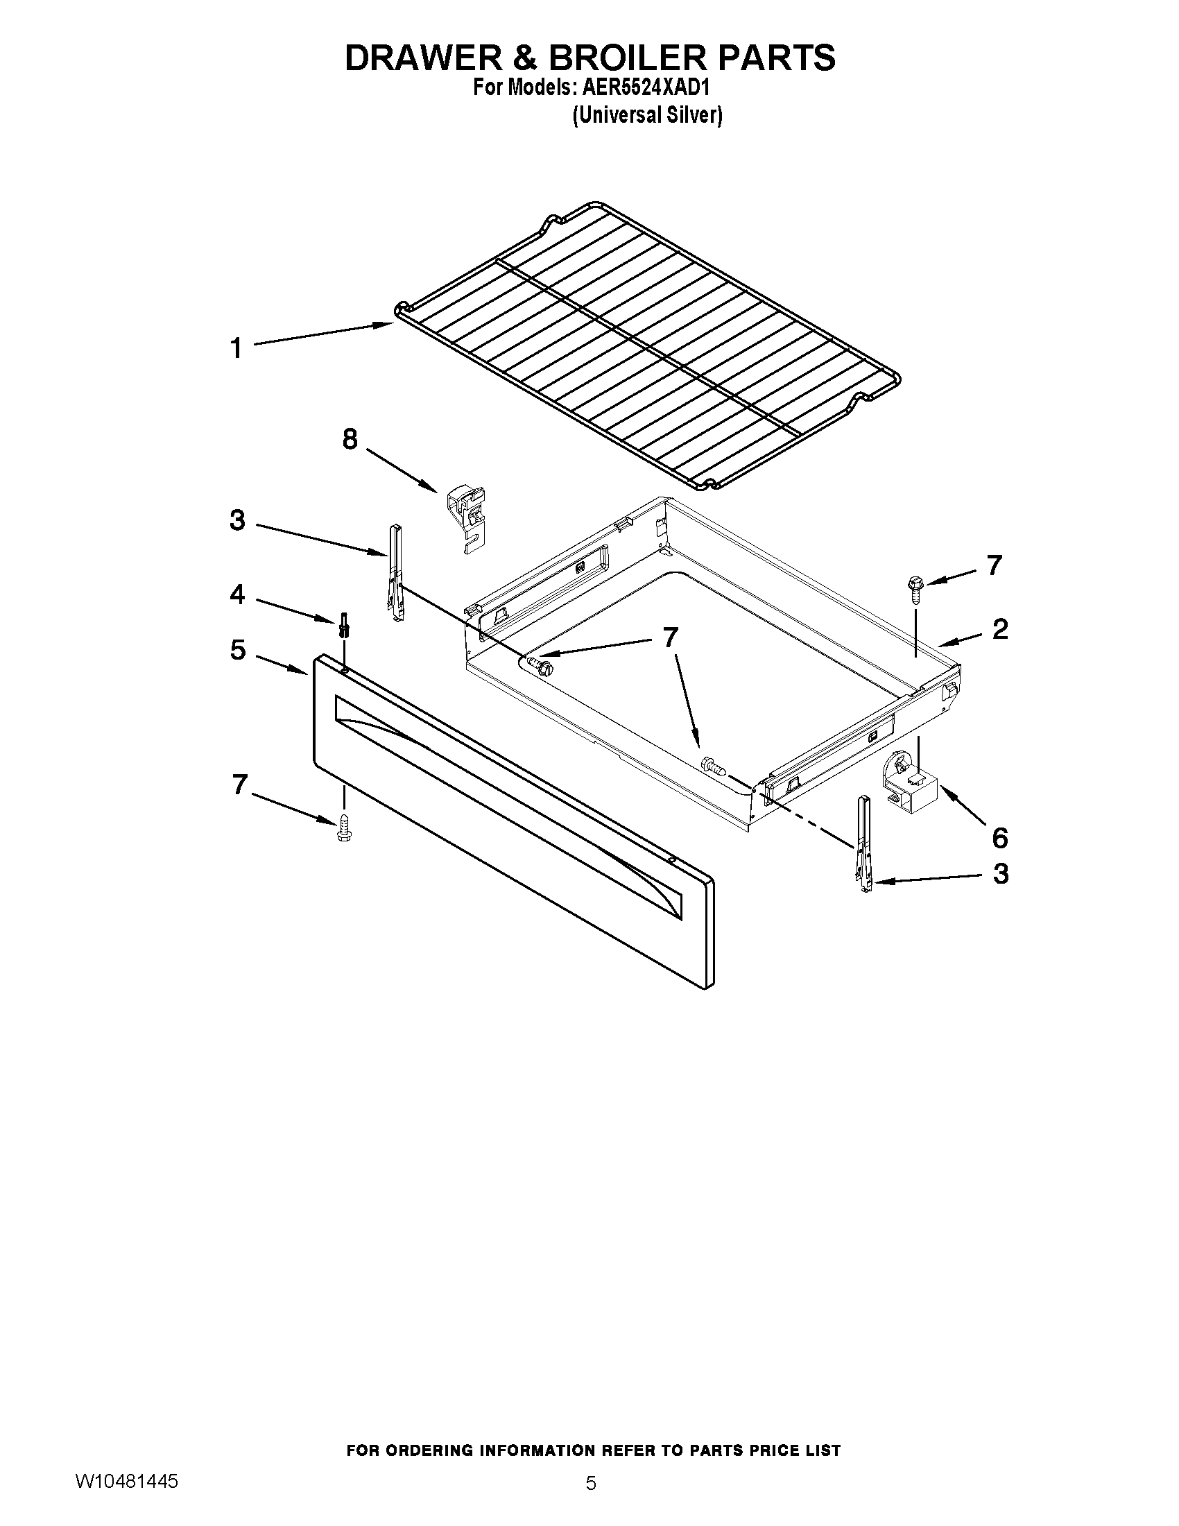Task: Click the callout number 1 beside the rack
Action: coord(236,348)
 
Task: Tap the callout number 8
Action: coord(350,440)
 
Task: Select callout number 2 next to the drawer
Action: coord(999,630)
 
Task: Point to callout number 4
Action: coord(237,594)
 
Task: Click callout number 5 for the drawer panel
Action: coord(238,651)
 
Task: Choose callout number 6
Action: coord(999,837)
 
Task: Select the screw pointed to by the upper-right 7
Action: coord(914,584)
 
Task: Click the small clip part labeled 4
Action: coord(343,624)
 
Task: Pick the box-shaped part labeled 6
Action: coord(915,789)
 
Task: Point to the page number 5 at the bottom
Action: coord(591,1483)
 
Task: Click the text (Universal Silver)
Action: coord(647,114)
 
